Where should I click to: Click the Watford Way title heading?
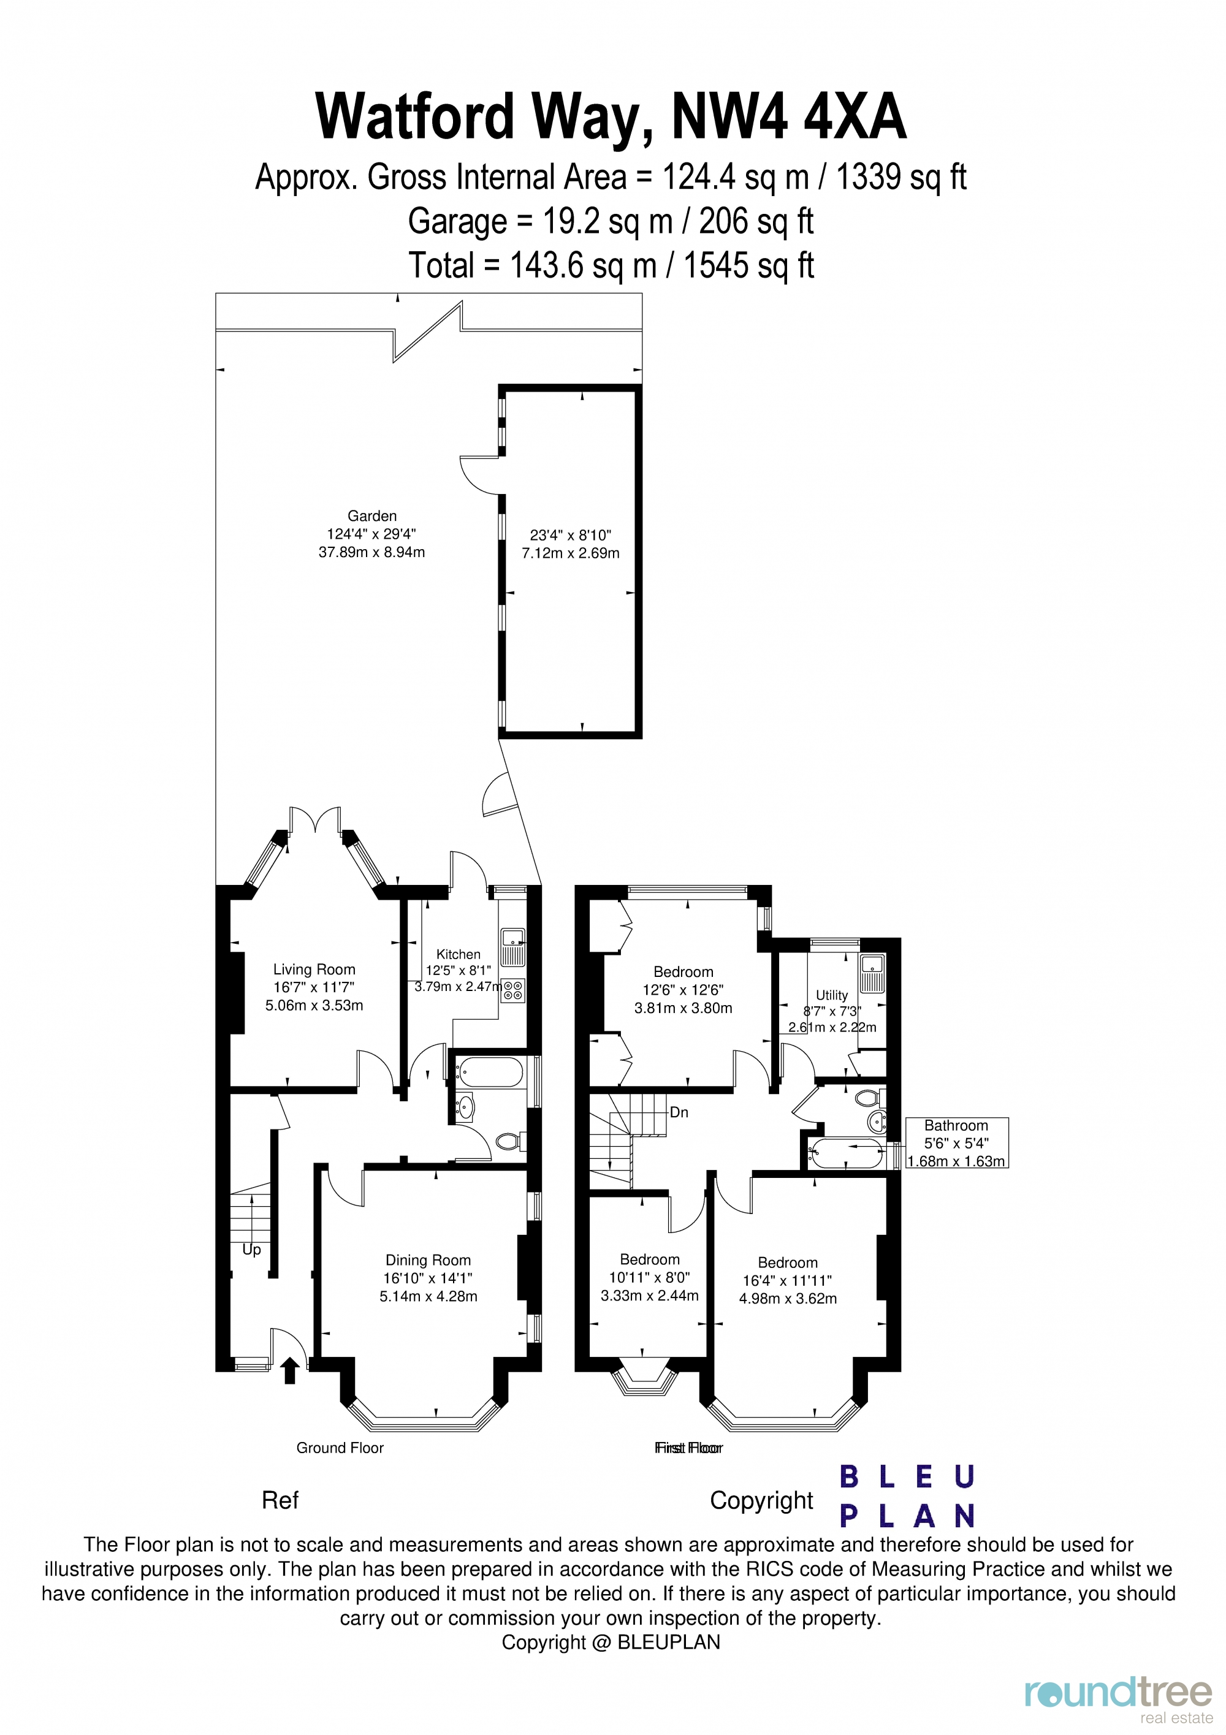pos(611,117)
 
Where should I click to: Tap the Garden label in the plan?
pos(372,516)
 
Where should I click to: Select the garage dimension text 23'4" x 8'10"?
pos(570,535)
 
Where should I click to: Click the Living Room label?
pos(314,970)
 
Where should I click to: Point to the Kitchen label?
pos(458,954)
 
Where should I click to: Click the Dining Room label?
pos(428,1261)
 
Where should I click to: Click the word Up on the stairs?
pos(252,1250)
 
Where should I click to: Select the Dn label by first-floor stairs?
pos(679,1112)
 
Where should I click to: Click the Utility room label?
pos(831,995)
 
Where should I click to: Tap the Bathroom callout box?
pos(956,1144)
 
